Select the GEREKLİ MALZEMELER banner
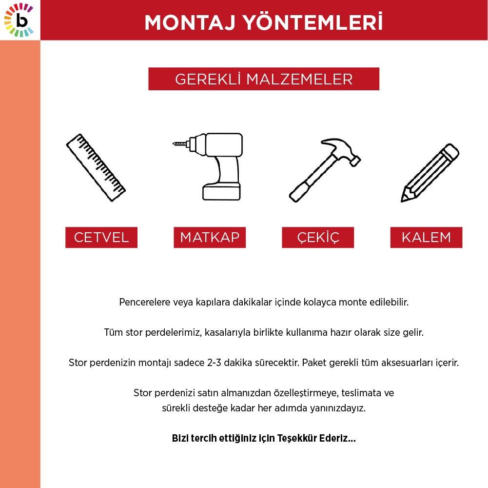point(264,79)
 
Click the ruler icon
point(96,168)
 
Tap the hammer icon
point(324,169)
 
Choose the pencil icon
point(429,172)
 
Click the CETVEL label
point(101,238)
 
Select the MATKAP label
point(210,238)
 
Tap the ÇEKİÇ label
point(318,238)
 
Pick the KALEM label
point(426,238)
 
